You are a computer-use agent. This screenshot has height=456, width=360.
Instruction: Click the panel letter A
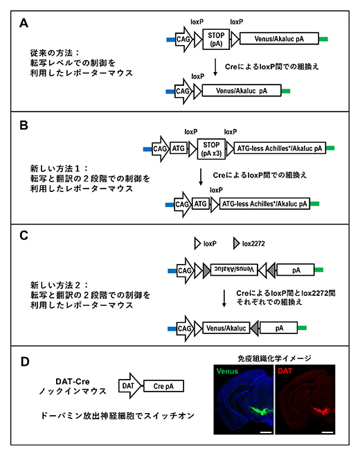point(24,24)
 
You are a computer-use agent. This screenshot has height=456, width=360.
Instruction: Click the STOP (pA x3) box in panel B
point(209,148)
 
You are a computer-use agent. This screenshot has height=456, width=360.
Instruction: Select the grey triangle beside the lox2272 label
point(237,244)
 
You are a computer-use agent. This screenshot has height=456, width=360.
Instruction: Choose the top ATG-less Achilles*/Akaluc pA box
point(280,148)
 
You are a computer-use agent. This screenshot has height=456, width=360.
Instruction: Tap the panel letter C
point(24,235)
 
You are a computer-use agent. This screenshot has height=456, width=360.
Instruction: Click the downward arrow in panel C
point(224,298)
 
